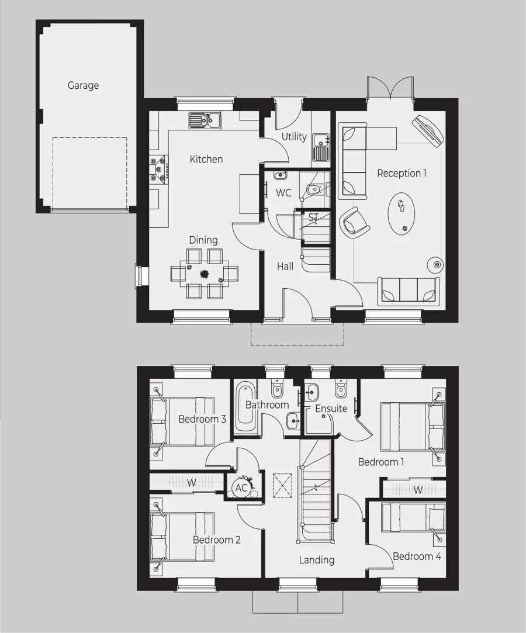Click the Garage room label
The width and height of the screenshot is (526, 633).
click(83, 85)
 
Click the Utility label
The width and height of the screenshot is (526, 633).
click(294, 137)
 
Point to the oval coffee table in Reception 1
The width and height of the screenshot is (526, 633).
click(402, 215)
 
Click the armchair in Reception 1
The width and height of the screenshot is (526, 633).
click(355, 222)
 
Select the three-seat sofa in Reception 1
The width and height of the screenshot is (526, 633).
click(409, 290)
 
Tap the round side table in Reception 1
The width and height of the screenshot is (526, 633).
click(435, 264)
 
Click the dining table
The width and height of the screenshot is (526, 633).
click(204, 273)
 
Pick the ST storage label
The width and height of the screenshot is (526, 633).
click(313, 217)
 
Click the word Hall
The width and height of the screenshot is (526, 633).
click(285, 267)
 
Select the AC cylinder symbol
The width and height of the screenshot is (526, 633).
click(241, 487)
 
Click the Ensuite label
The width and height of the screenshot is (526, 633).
click(331, 409)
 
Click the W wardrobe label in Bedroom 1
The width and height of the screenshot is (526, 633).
click(417, 490)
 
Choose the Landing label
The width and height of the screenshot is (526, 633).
click(317, 560)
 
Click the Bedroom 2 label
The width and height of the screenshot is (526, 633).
click(216, 540)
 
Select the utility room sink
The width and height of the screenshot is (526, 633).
click(320, 146)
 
